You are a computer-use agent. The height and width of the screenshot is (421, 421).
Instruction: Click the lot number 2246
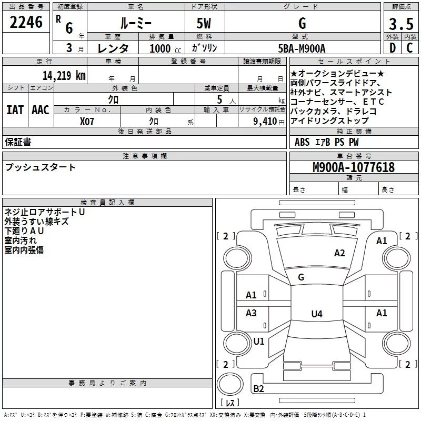[26, 22]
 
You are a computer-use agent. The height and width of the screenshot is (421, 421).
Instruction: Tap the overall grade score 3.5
[401, 24]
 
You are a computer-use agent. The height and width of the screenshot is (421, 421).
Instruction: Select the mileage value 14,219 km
[64, 75]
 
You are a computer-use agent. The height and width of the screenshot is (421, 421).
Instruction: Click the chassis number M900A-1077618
[354, 167]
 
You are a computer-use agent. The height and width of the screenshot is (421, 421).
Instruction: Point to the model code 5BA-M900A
[302, 48]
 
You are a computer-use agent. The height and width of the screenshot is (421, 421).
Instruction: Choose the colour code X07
[87, 122]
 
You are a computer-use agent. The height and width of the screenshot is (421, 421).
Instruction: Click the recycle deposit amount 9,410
[265, 122]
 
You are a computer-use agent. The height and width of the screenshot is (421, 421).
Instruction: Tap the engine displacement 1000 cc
[165, 48]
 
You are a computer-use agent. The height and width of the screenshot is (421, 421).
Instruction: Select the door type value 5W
[204, 23]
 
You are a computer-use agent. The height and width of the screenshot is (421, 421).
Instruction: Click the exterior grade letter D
[393, 48]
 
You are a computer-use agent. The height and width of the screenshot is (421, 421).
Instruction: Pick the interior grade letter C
[409, 48]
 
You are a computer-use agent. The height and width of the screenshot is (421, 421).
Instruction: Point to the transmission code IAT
[15, 110]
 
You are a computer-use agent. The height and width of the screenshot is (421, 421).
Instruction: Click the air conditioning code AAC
[41, 110]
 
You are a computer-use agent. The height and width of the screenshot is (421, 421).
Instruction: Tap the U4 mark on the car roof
[317, 314]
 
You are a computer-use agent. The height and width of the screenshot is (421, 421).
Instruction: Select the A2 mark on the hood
[339, 253]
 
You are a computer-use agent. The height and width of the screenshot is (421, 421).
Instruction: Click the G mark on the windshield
[301, 277]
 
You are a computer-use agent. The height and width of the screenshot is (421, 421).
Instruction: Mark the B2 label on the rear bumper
[258, 388]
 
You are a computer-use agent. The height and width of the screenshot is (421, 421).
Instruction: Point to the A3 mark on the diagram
[251, 313]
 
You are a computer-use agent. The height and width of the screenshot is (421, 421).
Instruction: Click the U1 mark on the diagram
[259, 341]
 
